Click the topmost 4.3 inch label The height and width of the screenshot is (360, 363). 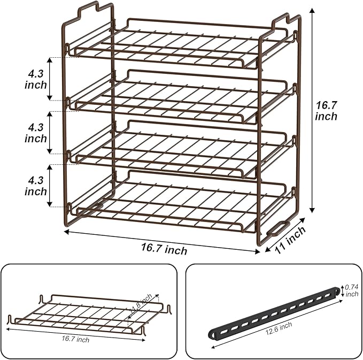coord(36,78)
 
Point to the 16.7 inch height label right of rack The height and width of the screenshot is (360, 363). coord(326,110)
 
